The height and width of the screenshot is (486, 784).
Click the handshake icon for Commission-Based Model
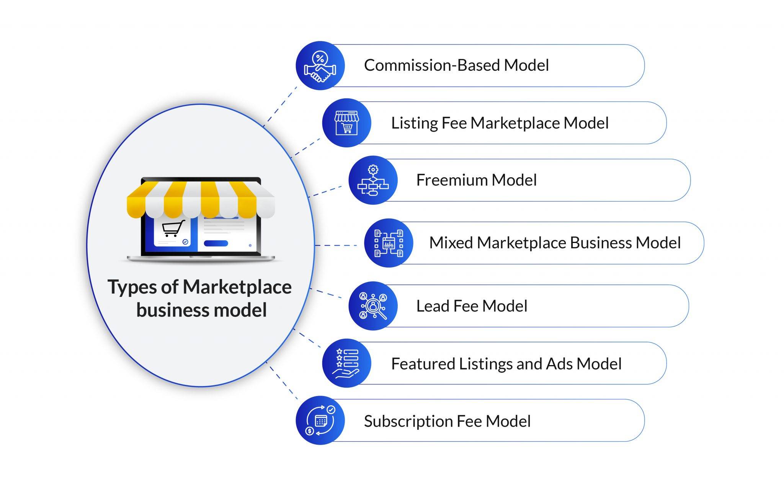coord(320,66)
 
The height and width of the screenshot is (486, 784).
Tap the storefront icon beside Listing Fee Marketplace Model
coord(346,123)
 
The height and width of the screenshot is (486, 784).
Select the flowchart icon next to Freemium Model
coord(373,180)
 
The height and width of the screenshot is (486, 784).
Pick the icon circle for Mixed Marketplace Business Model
coord(388,243)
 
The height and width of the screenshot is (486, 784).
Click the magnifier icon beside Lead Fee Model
coord(373,306)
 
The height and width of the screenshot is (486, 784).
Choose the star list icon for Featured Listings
coord(346,363)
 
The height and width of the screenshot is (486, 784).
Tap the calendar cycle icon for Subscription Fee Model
coord(320,420)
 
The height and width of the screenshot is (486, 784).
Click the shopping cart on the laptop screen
coord(172,228)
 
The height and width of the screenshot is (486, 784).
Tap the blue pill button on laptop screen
coord(216,243)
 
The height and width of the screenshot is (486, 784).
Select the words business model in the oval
coord(201,310)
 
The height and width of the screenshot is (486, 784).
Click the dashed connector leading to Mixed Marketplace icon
coord(336,245)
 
